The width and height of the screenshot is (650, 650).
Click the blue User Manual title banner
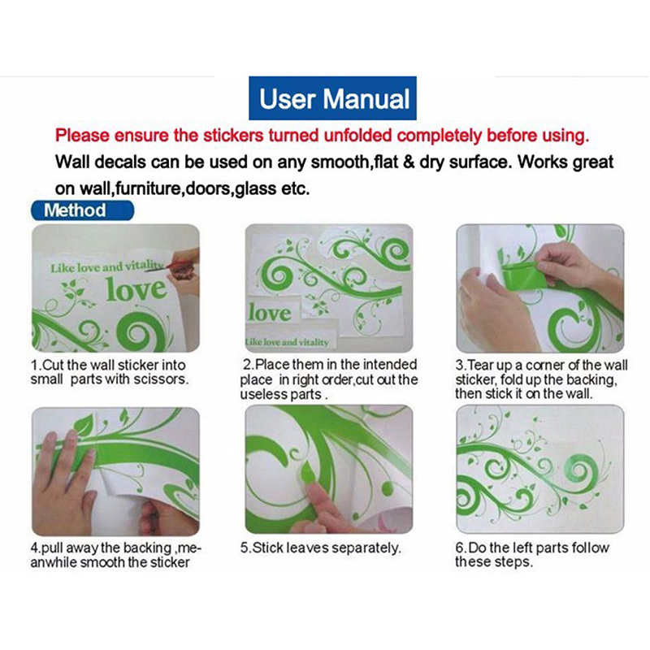[x=332, y=98]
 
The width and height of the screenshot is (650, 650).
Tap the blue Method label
[x=83, y=210]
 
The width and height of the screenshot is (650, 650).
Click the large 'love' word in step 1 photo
[x=136, y=288]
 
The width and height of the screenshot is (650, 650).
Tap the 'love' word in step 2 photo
[x=270, y=312]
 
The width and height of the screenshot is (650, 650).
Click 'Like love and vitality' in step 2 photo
[x=287, y=342]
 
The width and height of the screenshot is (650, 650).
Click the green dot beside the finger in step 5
[x=387, y=489]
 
